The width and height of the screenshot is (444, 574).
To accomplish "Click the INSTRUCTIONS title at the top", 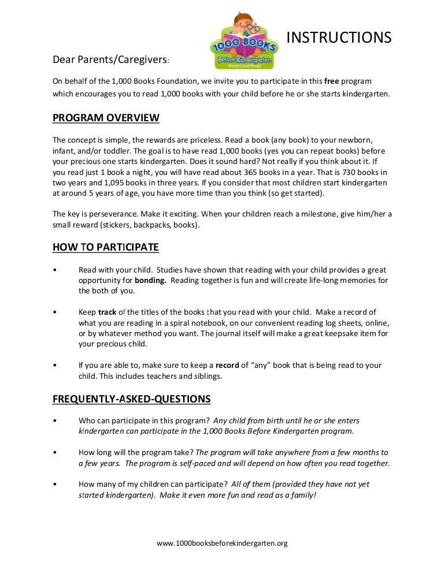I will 339,38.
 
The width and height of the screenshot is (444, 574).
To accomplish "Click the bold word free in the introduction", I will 332,80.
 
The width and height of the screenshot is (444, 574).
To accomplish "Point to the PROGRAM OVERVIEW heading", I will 106,118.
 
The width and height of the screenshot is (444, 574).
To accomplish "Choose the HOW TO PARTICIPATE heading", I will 106,248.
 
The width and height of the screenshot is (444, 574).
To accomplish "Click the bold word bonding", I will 150,280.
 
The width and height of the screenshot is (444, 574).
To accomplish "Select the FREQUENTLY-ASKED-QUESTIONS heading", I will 131,399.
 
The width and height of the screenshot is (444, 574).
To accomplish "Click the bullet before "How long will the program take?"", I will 54,452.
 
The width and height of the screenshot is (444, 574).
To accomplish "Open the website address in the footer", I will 223,543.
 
